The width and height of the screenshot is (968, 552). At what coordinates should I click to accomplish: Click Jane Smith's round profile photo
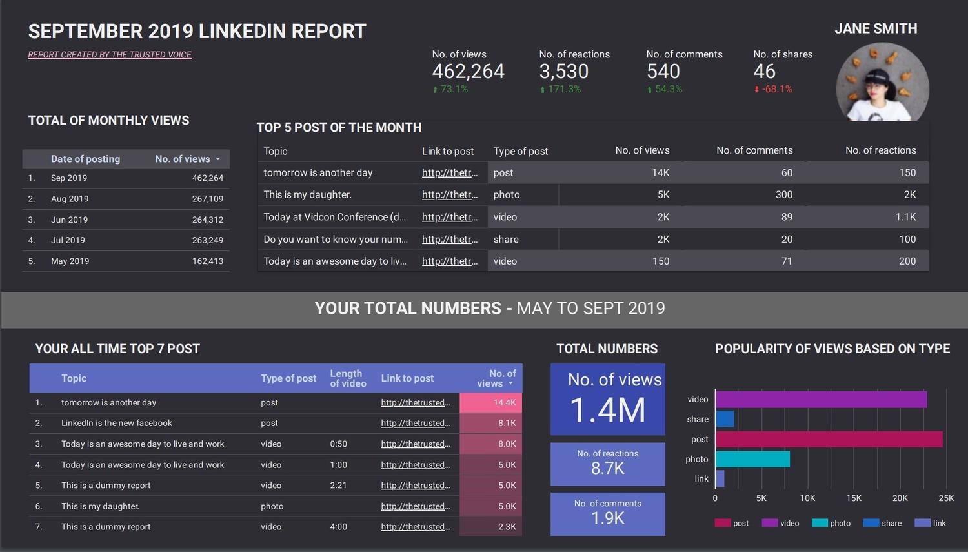pyautogui.click(x=882, y=83)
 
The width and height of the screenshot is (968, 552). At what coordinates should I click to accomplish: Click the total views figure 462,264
pyautogui.click(x=468, y=72)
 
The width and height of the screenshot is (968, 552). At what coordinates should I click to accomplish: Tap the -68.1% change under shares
pyautogui.click(x=773, y=89)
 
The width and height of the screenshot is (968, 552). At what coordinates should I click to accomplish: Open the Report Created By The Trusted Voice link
pyautogui.click(x=110, y=55)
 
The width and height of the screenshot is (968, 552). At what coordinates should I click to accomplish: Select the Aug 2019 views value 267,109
pyautogui.click(x=207, y=199)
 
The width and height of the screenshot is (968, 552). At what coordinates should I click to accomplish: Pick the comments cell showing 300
pyautogui.click(x=783, y=195)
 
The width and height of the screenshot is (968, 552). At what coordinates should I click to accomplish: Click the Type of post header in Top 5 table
pyautogui.click(x=520, y=151)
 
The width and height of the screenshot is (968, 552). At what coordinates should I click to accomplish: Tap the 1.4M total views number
pyautogui.click(x=607, y=410)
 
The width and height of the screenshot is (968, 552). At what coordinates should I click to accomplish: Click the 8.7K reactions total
pyautogui.click(x=607, y=468)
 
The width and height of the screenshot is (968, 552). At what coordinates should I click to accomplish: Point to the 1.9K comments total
pyautogui.click(x=607, y=518)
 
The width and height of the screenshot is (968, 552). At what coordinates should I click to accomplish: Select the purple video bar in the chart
pyautogui.click(x=821, y=400)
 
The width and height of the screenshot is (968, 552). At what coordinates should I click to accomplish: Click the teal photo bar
pyautogui.click(x=752, y=459)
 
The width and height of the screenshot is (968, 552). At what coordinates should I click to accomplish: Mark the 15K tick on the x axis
pyautogui.click(x=853, y=498)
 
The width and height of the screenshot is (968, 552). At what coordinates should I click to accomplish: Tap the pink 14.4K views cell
pyautogui.click(x=490, y=403)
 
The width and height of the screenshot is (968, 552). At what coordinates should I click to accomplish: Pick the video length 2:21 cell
pyautogui.click(x=338, y=486)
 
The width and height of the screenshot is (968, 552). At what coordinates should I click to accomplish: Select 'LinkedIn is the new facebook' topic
pyautogui.click(x=117, y=424)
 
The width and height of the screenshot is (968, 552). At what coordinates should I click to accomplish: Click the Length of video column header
pyautogui.click(x=348, y=378)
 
